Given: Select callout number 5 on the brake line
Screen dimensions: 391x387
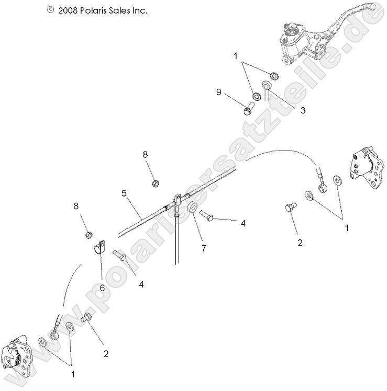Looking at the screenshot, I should [124, 193].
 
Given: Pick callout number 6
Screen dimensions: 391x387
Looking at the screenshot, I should [102, 287].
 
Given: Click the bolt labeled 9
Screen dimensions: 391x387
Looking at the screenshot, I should [248, 110].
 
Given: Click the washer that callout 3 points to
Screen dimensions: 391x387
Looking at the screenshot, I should [267, 86].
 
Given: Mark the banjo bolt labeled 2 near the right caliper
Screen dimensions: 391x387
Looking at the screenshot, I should [290, 208].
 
